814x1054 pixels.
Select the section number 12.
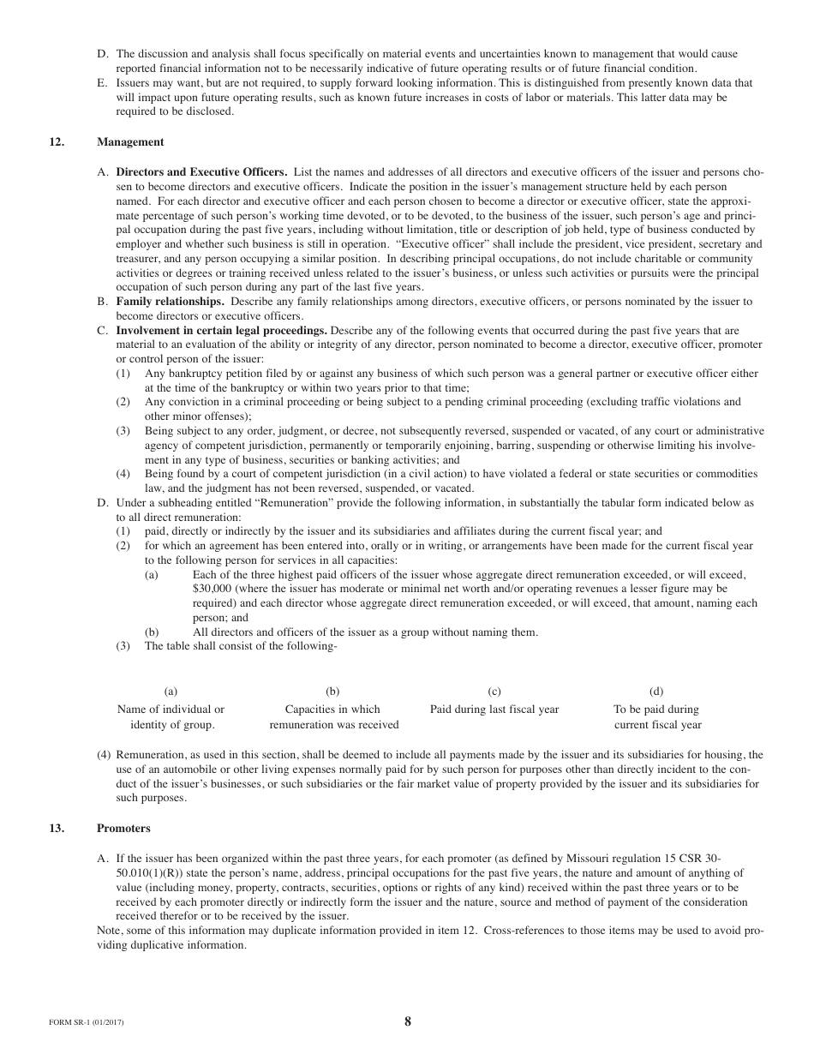tap(56, 142)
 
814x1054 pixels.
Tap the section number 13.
tap(56, 829)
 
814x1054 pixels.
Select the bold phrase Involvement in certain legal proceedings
tap(221, 330)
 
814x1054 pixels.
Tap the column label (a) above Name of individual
tap(171, 692)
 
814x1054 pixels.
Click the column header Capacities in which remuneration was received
tap(333, 717)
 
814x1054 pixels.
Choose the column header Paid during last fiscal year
tap(494, 710)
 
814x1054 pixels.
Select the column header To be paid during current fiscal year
tap(656, 717)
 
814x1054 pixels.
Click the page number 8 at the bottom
tap(408, 1021)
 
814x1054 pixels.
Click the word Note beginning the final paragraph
tap(110, 931)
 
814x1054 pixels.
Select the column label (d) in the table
tap(656, 692)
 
